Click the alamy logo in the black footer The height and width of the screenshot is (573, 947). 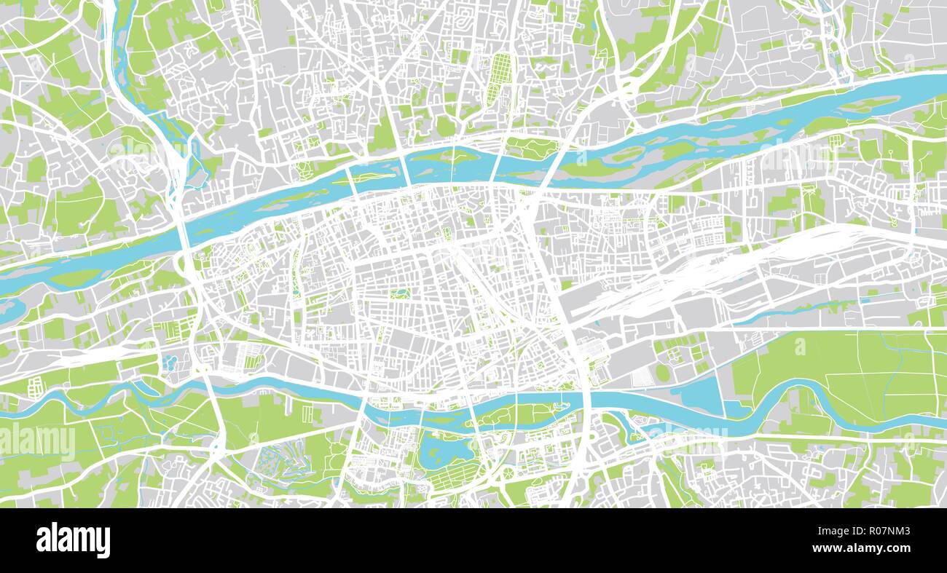pos(73,540)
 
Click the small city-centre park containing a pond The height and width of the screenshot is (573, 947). pos(398,294)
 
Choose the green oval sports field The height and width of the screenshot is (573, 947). pos(662,373)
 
